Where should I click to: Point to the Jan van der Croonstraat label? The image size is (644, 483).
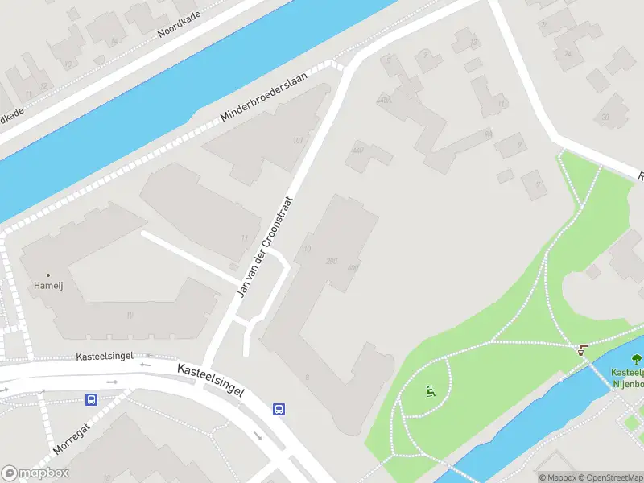pos(263,246)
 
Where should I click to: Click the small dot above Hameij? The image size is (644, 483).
pos(47,275)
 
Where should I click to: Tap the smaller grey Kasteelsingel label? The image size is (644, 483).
pos(104,356)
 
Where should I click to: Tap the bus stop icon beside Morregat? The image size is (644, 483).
pos(92,399)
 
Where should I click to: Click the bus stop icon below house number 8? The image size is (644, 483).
pos(279,409)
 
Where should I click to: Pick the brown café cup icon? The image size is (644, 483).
pos(582,349)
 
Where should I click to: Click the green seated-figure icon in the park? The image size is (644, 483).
pos(430,392)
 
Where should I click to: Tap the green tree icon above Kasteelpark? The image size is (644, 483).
pos(636,360)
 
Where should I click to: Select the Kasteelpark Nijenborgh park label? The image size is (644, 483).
pos(628,378)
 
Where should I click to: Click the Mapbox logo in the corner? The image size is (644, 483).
pos(36,473)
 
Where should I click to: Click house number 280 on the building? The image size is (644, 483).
pos(331,261)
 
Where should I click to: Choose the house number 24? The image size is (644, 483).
pos(567,53)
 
